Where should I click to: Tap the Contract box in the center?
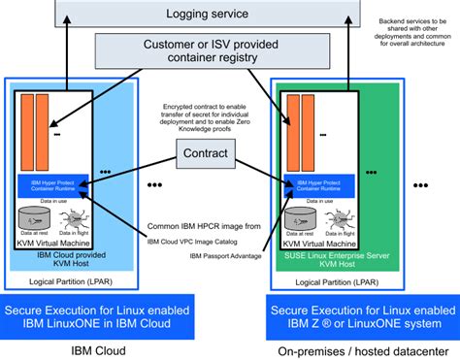click(205, 152)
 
